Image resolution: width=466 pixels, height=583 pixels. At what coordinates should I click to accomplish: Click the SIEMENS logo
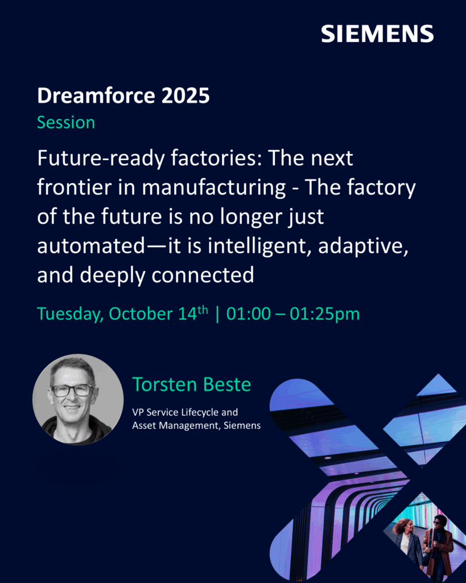coord(377,34)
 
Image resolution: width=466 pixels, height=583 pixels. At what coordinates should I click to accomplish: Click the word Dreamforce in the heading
coord(96,96)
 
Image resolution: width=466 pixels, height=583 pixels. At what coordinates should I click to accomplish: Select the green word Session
coord(66,122)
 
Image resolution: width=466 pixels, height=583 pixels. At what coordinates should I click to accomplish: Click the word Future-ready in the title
coord(101,159)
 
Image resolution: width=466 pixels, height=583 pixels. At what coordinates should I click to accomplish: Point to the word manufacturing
coord(214,188)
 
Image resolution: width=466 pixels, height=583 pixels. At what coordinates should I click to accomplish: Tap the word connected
coord(203,275)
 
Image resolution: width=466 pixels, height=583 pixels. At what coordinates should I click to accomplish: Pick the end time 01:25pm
coord(325,314)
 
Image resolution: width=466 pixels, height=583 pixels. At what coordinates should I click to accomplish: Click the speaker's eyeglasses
coord(72,391)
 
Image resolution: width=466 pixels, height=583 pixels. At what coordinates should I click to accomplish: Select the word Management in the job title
coord(189,425)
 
